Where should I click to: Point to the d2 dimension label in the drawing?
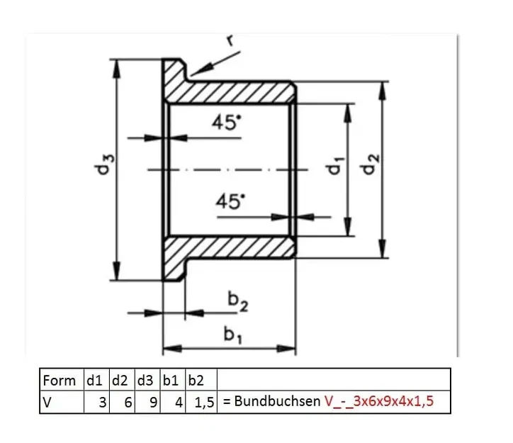pyautogui.click(x=370, y=168)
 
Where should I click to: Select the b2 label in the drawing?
pyautogui.click(x=238, y=301)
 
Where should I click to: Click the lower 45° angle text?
pyautogui.click(x=230, y=201)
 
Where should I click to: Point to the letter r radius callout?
pyautogui.click(x=230, y=40)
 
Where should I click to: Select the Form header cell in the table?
pyautogui.click(x=60, y=380)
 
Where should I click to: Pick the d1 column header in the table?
pyautogui.click(x=95, y=380)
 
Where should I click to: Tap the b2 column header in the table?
pyautogui.click(x=202, y=380)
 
